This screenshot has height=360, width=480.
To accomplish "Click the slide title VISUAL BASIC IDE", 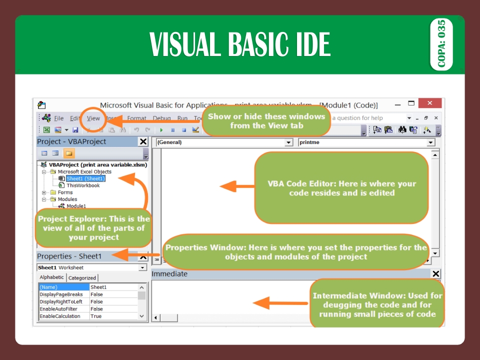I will point(239,44).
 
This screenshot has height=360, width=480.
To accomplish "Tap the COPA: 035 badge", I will point(441,44).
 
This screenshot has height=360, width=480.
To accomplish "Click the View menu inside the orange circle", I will point(93,118).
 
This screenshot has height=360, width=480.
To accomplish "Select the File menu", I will point(59,118).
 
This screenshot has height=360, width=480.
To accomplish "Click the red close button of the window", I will point(429,104).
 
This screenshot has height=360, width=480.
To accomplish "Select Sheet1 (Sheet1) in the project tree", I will point(85,178).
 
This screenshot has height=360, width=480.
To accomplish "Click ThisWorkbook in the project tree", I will point(83,185).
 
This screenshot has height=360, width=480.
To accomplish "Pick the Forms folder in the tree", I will point(65,192).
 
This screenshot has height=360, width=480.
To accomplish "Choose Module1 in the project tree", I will point(76,206).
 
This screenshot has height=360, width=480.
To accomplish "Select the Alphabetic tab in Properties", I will point(52,277).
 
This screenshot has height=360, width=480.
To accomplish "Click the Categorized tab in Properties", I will point(82,278).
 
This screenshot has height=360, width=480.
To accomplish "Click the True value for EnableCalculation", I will point(96,316).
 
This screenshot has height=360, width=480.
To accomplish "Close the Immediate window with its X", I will point(436,274).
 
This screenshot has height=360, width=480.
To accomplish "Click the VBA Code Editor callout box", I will point(342,188).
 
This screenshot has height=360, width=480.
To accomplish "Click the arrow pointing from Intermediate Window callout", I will point(280,303).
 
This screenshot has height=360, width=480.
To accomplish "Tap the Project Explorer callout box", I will point(93,228).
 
